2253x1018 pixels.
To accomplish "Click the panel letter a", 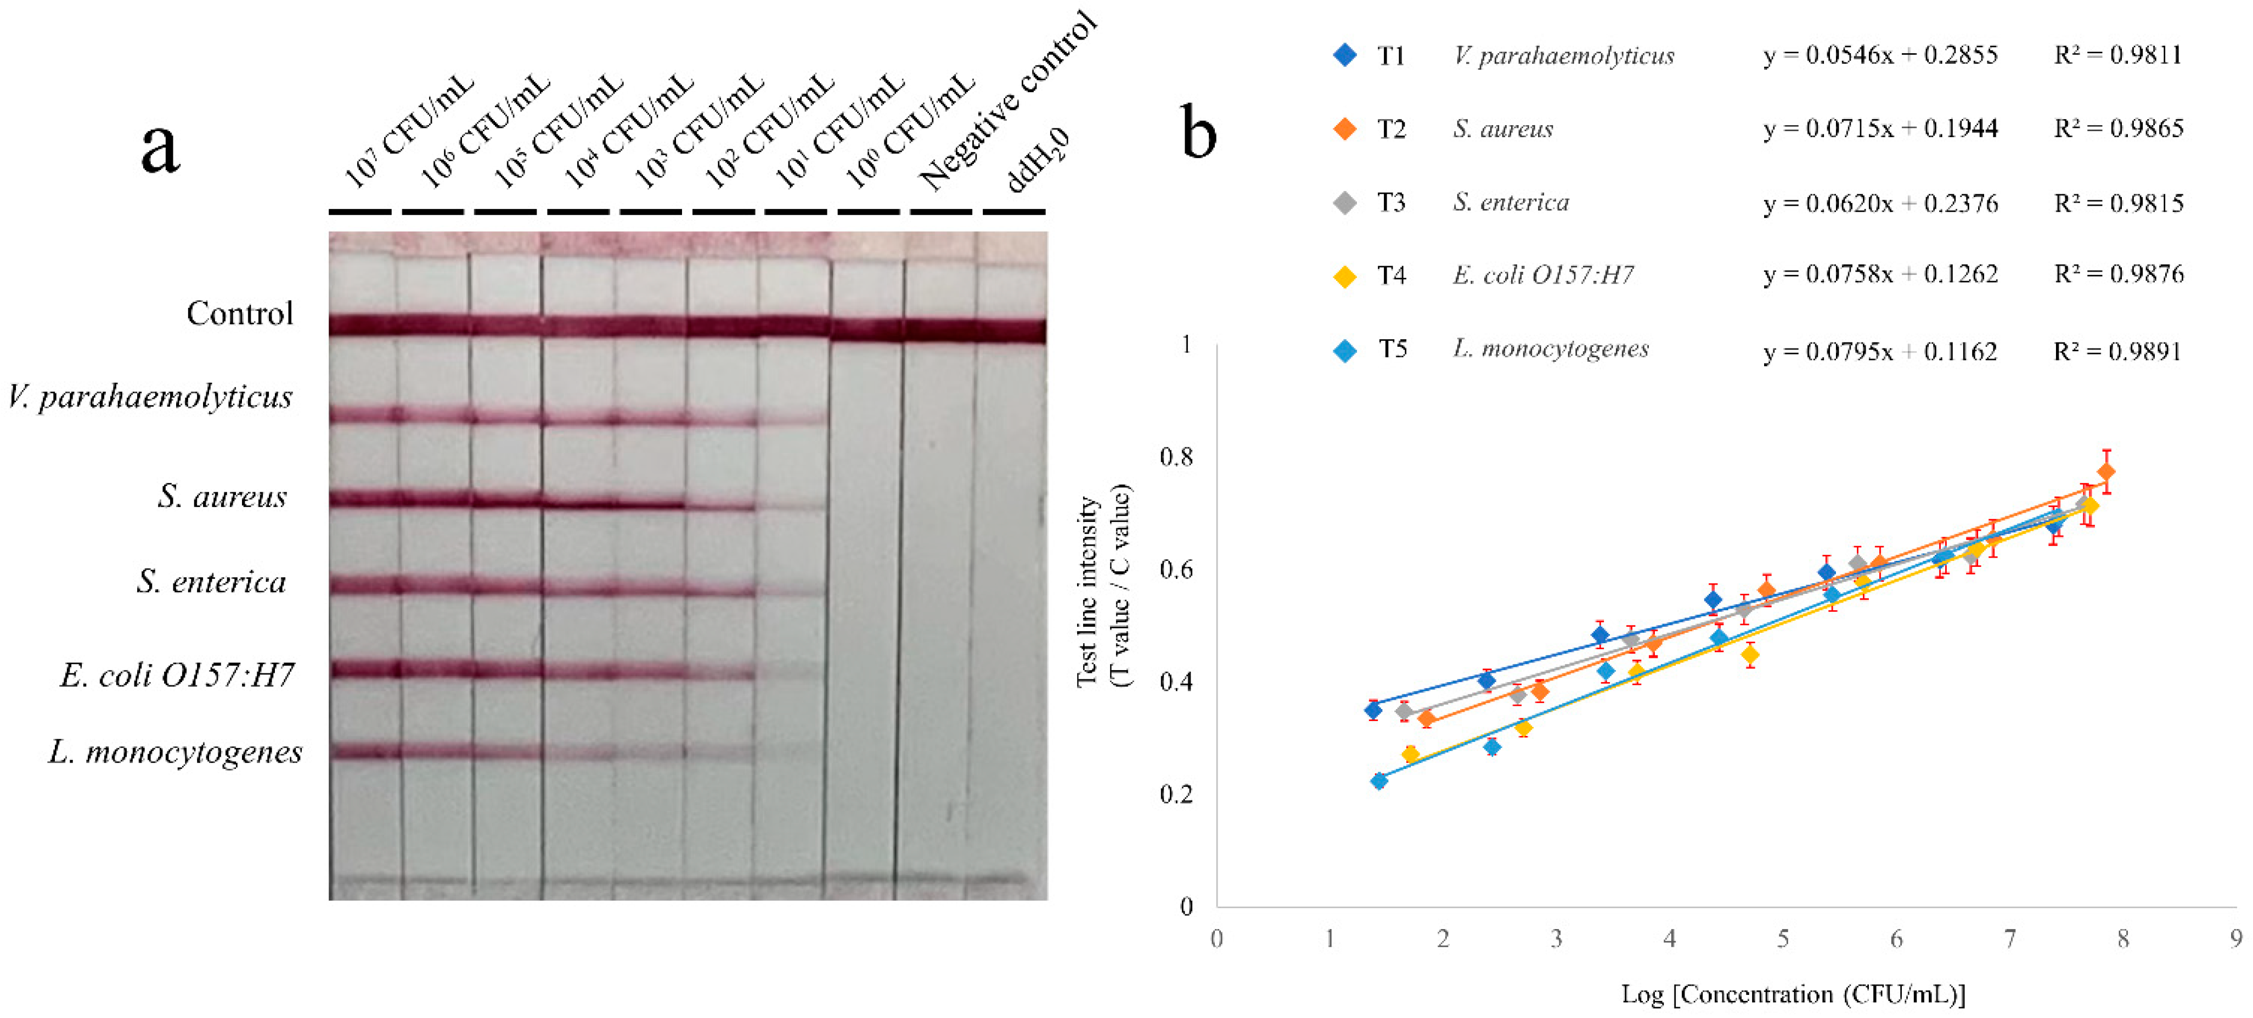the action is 160,149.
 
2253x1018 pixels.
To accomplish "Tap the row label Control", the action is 240,313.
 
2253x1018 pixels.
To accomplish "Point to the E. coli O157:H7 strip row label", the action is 177,674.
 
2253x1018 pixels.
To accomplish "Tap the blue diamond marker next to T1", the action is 1345,55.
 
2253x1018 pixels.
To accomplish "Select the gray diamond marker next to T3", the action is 1345,203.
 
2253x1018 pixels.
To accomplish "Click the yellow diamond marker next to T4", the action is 1345,277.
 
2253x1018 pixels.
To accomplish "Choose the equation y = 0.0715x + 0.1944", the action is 1880,128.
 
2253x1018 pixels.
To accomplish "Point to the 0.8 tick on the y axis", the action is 1175,457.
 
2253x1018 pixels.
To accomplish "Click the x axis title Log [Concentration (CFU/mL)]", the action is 1793,994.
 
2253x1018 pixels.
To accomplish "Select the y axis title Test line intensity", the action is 1087,592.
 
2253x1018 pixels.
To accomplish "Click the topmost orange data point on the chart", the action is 2106,473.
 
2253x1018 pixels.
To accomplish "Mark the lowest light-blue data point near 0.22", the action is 1379,781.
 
